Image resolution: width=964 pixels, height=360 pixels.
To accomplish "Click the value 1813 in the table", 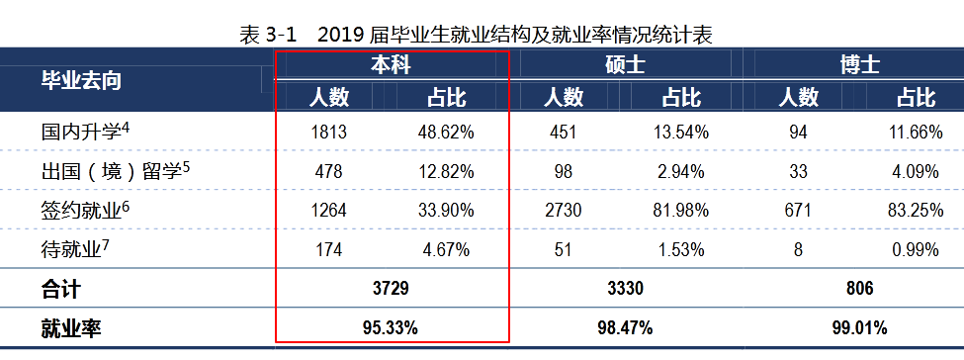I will coord(329,132).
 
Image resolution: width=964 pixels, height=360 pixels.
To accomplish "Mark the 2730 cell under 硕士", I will coord(563,211).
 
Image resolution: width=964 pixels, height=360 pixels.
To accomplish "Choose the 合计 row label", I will coord(60,290).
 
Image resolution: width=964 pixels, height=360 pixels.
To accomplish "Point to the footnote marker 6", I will coord(127,205).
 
